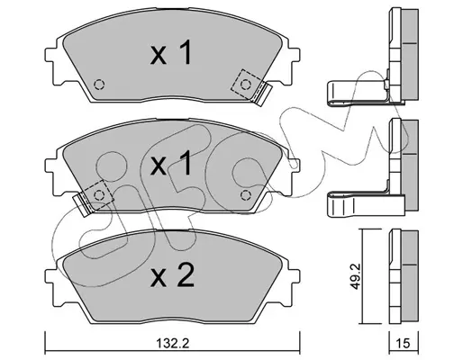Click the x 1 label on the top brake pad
coord(171,53)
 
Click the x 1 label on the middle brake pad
coord(171,163)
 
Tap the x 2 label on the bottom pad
coord(172,275)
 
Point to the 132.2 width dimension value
coord(173,343)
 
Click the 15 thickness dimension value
coord(404,343)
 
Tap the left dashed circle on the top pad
coord(99,85)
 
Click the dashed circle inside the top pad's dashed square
coord(246,85)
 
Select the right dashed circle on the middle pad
coord(246,195)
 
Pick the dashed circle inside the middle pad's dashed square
coord(99,195)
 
